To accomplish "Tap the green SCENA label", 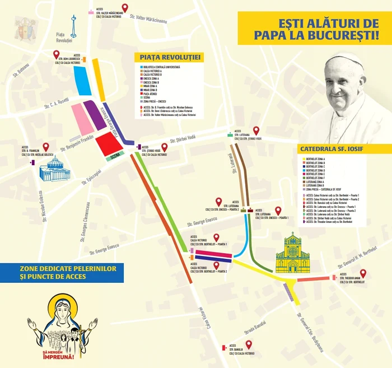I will (x=116, y=157).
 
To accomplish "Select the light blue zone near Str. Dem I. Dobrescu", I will (x=82, y=82).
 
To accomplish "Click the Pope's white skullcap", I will (x=343, y=60).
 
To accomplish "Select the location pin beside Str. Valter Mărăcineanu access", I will (x=125, y=7).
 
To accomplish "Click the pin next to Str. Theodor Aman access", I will (x=362, y=273).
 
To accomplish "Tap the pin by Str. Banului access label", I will (x=249, y=344).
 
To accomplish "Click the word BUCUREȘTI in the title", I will (x=348, y=35).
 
